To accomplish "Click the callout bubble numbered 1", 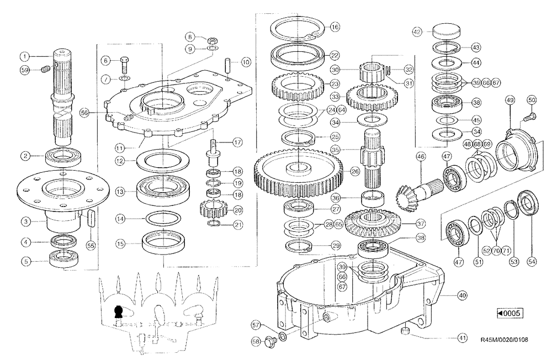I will click(24, 56).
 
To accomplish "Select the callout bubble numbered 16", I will click(335, 27).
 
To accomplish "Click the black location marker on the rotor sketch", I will click(117, 313).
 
